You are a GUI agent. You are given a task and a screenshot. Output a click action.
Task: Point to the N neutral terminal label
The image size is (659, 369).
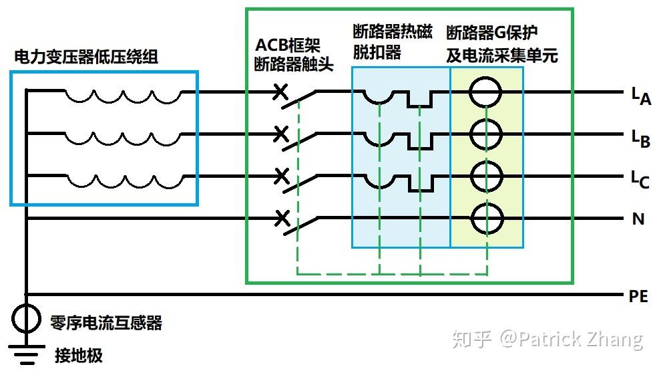coord(638,219)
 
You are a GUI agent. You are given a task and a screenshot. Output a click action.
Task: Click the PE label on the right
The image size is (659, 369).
coord(638,296)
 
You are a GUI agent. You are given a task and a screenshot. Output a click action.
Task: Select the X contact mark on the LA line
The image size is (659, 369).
coord(281,92)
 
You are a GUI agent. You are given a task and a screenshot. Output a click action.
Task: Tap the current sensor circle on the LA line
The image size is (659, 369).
coord(485,92)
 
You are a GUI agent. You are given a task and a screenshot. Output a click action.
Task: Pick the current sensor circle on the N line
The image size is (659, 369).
coord(485,217)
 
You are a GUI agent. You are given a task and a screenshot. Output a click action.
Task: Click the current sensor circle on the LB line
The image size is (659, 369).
coord(485,134)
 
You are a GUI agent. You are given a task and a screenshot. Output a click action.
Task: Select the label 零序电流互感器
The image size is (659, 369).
coord(106,324)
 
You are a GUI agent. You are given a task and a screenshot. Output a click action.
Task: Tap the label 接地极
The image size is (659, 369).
coord(79,355)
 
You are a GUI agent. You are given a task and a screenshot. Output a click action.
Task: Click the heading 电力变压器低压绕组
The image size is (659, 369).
coord(86,57)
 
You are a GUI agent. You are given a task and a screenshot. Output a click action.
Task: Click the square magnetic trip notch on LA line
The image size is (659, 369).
coord(420,100)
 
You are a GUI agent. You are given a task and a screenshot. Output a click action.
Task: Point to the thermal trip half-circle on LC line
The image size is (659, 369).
coord(379,181)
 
